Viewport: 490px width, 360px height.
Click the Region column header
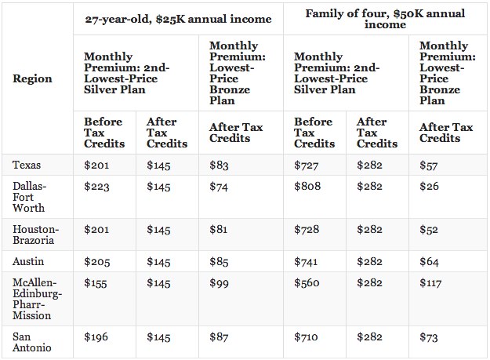pos(32,78)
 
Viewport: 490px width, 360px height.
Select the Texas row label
pos(27,165)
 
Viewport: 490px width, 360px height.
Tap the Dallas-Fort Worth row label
pos(29,197)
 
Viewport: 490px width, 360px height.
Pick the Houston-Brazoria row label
pos(35,235)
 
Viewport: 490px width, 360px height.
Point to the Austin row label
pos(28,261)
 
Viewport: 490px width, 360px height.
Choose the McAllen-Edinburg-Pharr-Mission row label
pos(37,299)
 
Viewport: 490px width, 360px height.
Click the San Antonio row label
pos(32,342)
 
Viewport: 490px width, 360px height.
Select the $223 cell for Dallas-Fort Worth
pos(96,187)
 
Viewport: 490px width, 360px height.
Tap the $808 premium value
pos(307,186)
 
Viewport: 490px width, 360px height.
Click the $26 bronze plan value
pos(429,186)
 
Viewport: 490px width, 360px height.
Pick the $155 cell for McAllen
pos(96,283)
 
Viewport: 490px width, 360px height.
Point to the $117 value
pos(430,283)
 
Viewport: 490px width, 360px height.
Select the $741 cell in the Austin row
pos(306,261)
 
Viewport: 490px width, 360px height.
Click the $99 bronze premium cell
pos(219,283)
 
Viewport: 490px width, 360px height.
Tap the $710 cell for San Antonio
pos(306,337)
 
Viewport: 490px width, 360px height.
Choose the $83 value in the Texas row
pos(219,165)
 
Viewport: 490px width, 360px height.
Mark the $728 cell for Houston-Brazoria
pos(307,229)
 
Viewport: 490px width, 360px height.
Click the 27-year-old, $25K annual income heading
pos(178,20)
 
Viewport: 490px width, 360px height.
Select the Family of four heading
pos(385,19)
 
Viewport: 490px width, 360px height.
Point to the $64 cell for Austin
pos(429,261)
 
